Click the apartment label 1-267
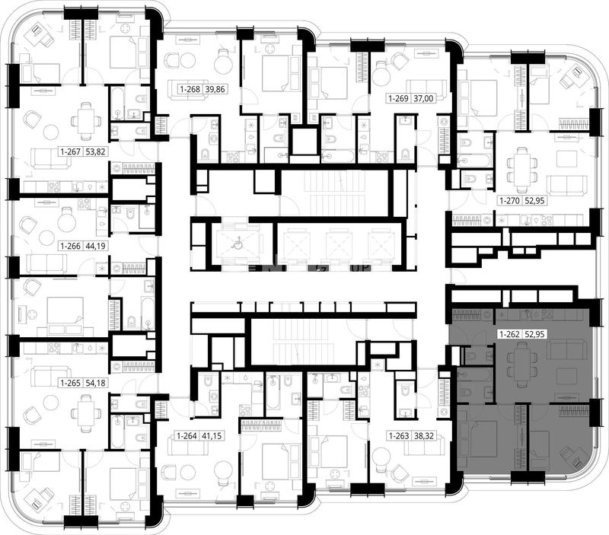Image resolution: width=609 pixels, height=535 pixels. pyautogui.click(x=71, y=151)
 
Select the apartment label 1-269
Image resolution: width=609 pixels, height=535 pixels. pyautogui.click(x=399, y=99)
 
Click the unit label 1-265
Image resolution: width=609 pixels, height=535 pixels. pyautogui.click(x=71, y=383)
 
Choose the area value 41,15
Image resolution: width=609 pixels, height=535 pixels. pyautogui.click(x=212, y=436)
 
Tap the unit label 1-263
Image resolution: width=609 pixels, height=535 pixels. pyautogui.click(x=399, y=436)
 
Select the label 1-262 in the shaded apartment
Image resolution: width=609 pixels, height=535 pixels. pyautogui.click(x=510, y=334)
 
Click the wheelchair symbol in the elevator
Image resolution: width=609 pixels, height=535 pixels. pyautogui.click(x=235, y=244)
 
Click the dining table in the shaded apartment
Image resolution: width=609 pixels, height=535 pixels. pyautogui.click(x=521, y=362)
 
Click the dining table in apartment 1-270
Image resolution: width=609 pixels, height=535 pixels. pyautogui.click(x=521, y=165)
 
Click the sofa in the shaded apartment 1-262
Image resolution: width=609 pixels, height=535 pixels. pyautogui.click(x=567, y=349)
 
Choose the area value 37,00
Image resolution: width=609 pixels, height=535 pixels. pyautogui.click(x=423, y=99)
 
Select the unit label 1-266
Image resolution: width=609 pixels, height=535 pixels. pyautogui.click(x=71, y=246)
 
